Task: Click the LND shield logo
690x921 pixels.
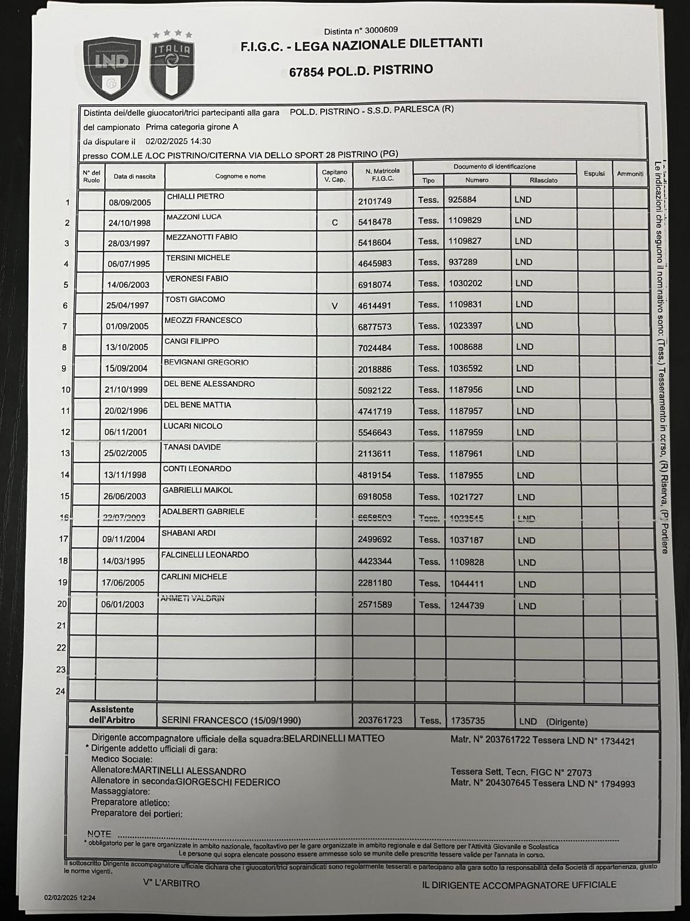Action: (112, 68)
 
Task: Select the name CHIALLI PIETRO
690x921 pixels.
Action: (195, 197)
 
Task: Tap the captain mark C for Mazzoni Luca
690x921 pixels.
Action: (335, 222)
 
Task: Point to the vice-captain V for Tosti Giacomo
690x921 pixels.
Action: (335, 306)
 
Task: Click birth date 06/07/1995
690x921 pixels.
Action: (129, 264)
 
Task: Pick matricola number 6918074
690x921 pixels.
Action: (374, 284)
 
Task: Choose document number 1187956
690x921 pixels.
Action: (466, 390)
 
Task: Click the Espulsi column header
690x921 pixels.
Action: (594, 173)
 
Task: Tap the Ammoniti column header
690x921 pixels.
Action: (630, 173)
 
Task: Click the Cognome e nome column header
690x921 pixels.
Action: (240, 176)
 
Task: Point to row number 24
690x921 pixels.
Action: (60, 691)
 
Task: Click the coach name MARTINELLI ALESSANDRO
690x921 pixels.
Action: (189, 771)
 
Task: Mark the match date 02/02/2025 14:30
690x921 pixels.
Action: (178, 141)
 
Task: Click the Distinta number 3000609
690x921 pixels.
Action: (377, 30)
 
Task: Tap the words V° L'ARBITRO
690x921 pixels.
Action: (171, 884)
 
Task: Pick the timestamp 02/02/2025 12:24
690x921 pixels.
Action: (70, 897)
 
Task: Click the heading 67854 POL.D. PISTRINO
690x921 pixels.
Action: (361, 71)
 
